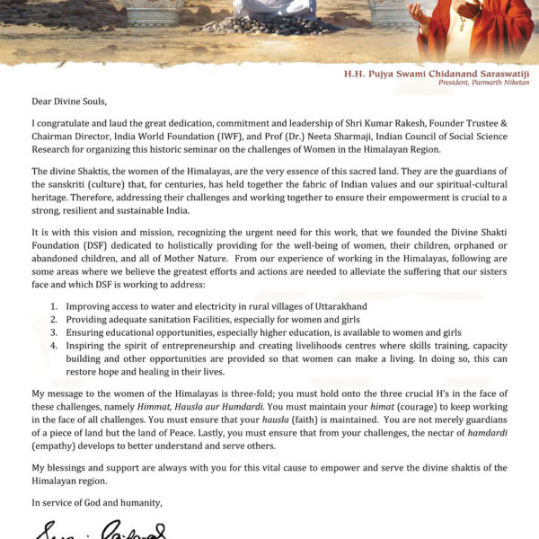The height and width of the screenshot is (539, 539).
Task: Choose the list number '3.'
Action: [x=55, y=332]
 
